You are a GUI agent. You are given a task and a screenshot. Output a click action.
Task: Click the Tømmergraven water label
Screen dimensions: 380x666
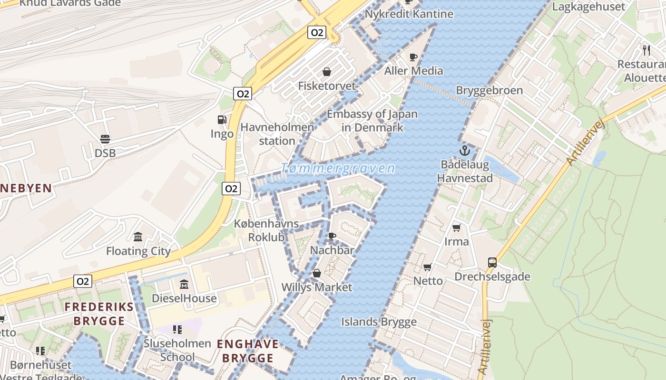tap(338, 169)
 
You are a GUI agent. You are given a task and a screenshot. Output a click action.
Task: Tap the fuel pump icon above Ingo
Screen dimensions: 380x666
tap(222, 120)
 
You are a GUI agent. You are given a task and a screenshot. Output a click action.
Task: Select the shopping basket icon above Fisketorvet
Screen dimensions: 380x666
tap(327, 72)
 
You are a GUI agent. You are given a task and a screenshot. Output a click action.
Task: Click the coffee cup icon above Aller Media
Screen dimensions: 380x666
tap(413, 57)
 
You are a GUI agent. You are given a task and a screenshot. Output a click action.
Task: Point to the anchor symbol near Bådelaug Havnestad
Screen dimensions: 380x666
tap(464, 151)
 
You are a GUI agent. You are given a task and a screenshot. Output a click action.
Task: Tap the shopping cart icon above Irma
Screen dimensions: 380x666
tap(457, 228)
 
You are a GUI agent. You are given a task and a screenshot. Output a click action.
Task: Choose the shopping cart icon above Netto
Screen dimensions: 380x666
tap(428, 267)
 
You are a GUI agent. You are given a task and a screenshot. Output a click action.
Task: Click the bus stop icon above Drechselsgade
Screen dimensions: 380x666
tap(492, 262)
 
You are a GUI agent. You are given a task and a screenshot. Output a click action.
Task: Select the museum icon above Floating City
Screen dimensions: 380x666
tap(138, 237)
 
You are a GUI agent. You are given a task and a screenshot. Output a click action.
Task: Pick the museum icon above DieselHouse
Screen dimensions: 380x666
tap(184, 285)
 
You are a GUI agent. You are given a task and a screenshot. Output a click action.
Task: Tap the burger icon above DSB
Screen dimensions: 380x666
tap(105, 139)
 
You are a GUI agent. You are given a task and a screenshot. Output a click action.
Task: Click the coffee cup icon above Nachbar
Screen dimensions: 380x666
tap(332, 236)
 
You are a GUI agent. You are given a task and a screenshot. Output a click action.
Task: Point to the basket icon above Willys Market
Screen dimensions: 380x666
tap(316, 274)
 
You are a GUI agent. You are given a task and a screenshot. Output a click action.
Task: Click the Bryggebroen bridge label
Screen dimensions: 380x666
tap(489, 90)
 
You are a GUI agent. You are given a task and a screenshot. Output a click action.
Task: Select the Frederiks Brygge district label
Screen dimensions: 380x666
tap(99, 313)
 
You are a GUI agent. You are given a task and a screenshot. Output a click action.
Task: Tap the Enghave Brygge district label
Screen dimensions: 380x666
tap(248, 351)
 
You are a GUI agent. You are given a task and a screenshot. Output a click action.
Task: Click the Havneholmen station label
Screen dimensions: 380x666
tap(277, 134)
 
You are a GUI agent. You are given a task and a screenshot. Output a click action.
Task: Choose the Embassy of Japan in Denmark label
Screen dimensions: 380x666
tap(372, 121)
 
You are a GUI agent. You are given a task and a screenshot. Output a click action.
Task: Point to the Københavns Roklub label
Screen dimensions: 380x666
tap(266, 230)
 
